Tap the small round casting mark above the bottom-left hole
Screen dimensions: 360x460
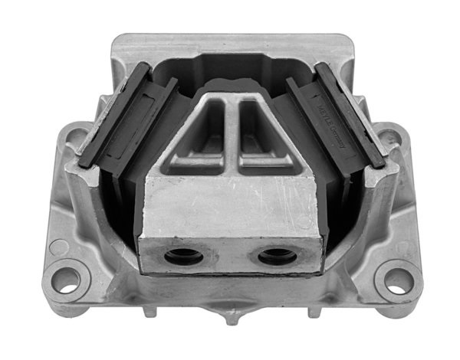tap(58, 247)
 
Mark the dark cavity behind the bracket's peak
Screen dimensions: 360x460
tap(230, 73)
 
